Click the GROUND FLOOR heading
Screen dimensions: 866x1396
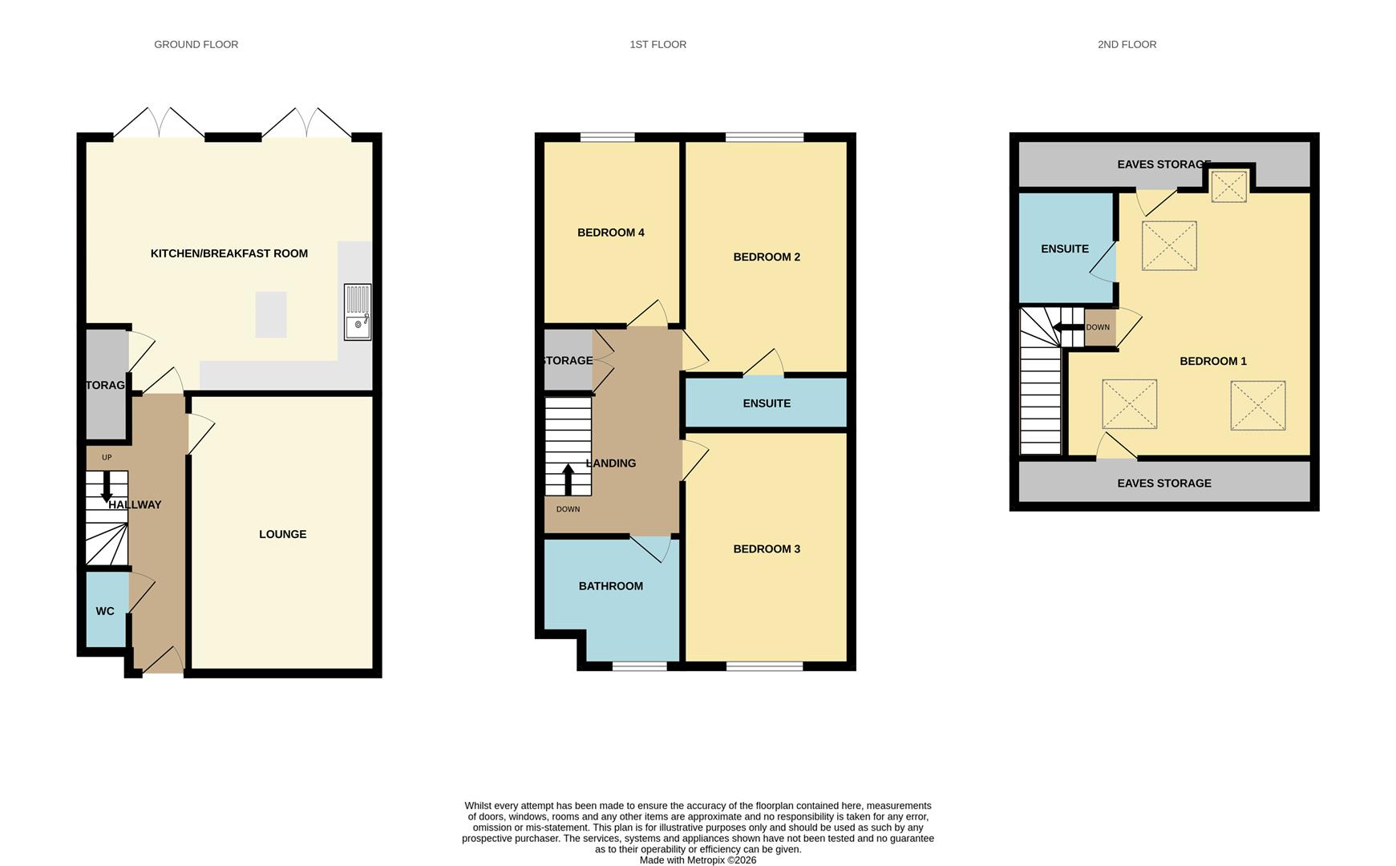[x=196, y=45]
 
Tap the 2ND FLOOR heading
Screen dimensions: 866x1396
[x=1126, y=45]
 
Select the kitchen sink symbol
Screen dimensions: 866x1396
[x=358, y=312]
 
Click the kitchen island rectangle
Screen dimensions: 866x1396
[x=271, y=314]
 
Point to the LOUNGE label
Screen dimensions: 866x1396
[x=282, y=534]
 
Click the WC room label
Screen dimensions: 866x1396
[x=105, y=611]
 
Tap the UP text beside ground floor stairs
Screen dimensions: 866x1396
[x=107, y=457]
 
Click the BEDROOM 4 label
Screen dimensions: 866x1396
[x=610, y=233]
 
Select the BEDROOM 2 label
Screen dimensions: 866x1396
[x=766, y=257]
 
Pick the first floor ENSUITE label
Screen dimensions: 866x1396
[x=766, y=403]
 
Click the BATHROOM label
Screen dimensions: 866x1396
[x=610, y=586]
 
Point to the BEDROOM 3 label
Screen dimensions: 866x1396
[x=766, y=549]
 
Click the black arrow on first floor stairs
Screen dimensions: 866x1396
[x=568, y=479]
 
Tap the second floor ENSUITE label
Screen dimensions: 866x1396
[x=1064, y=249]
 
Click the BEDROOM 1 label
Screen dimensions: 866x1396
[x=1212, y=361]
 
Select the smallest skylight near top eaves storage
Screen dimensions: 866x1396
[x=1228, y=186]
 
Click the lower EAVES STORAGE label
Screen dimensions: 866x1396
[x=1163, y=484]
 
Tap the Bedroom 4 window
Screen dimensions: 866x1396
[x=607, y=137]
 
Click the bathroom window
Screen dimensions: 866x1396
[x=639, y=666]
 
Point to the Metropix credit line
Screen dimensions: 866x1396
[x=698, y=860]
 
